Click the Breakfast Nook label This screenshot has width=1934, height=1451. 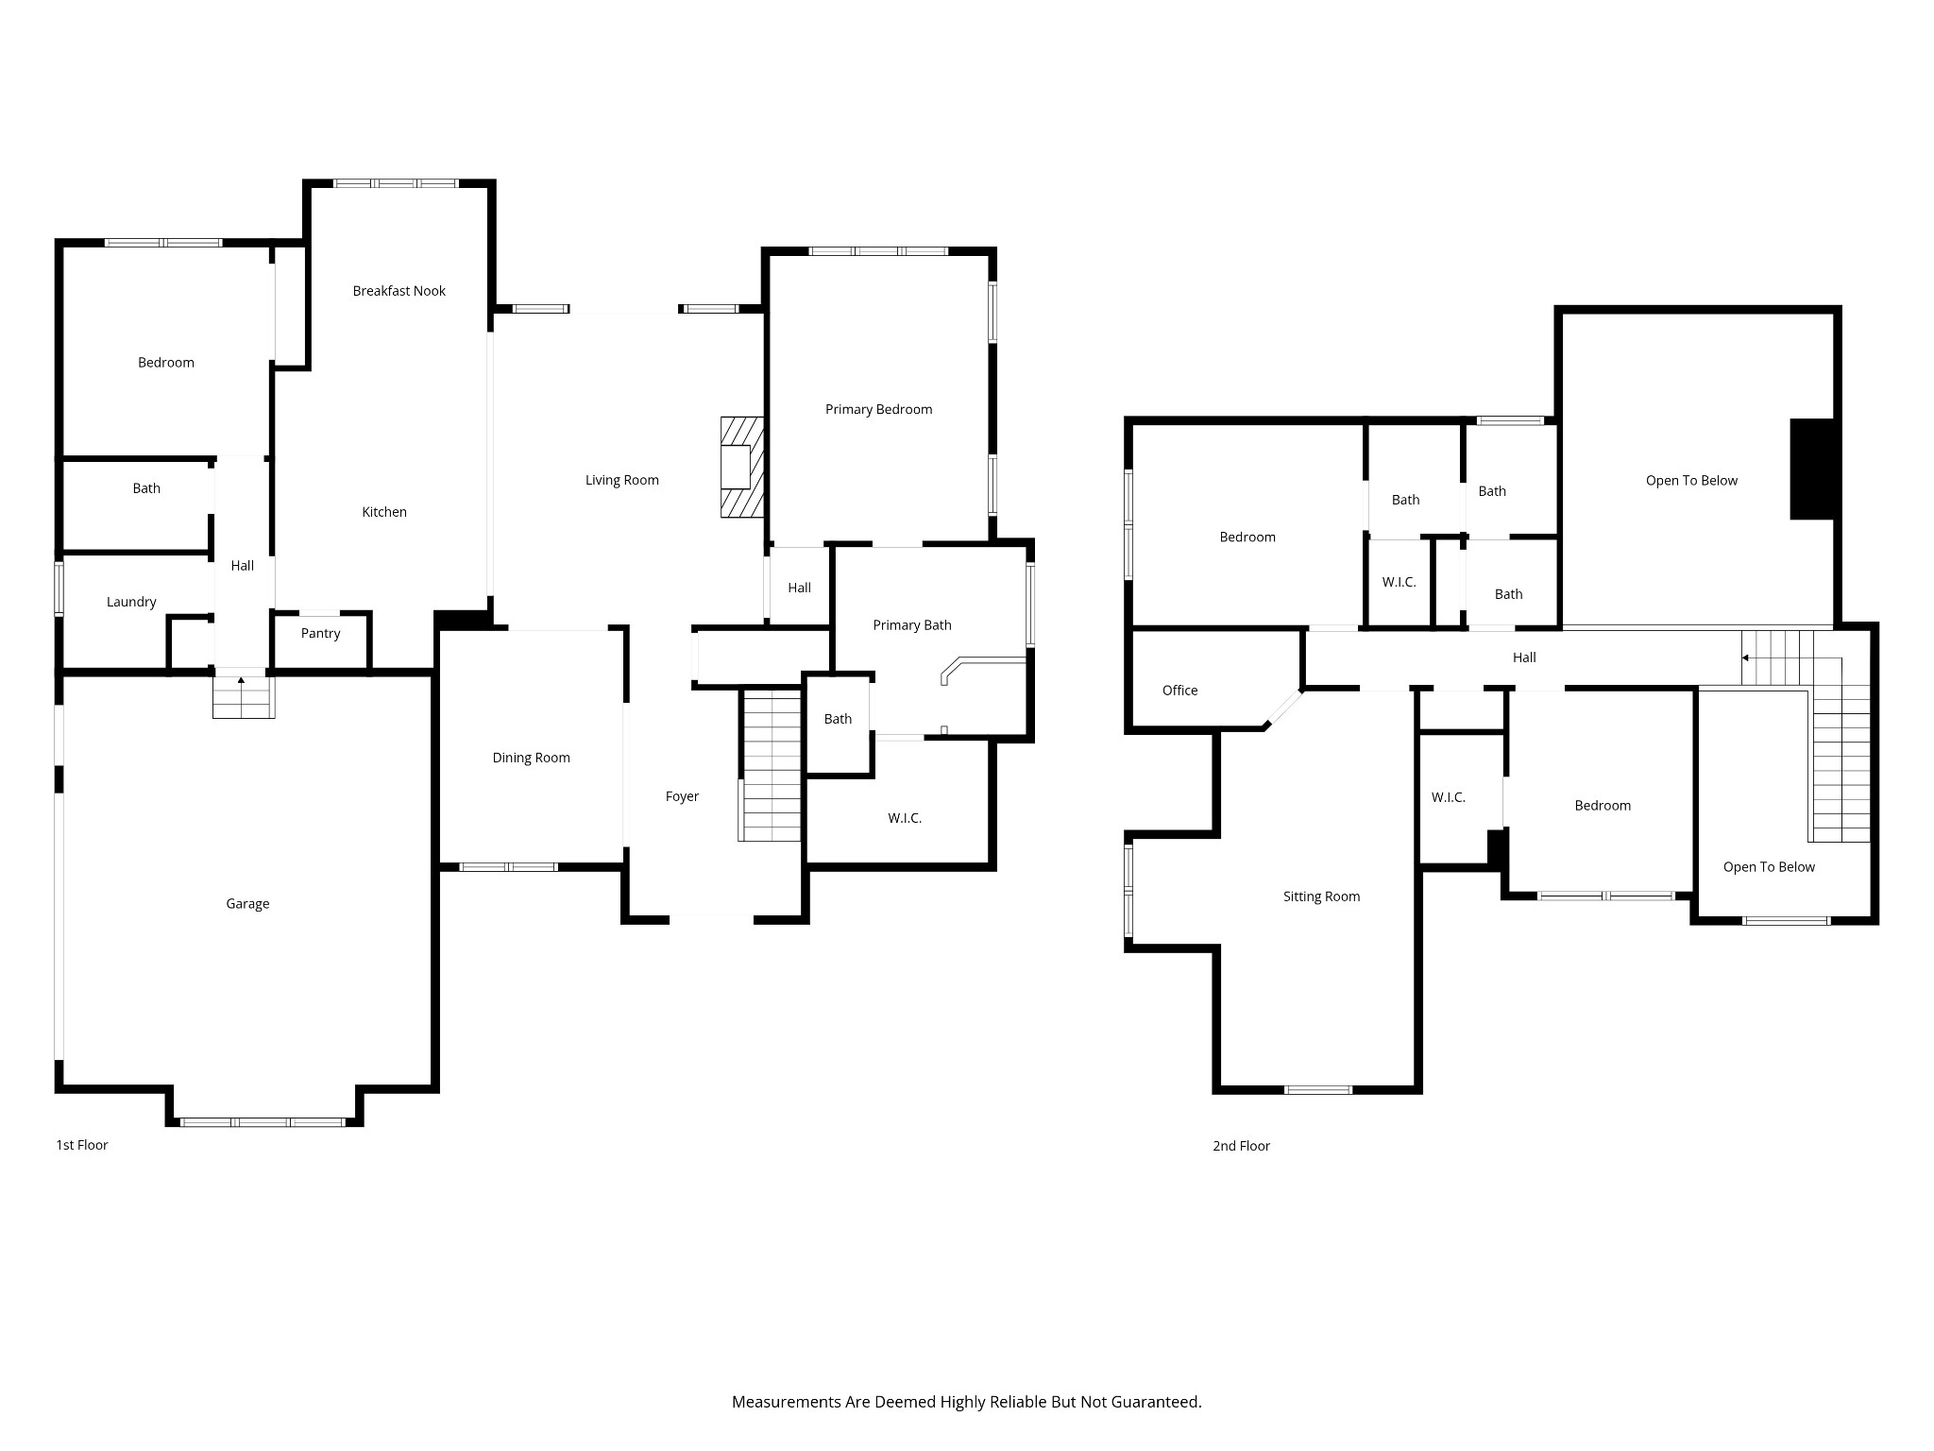click(399, 291)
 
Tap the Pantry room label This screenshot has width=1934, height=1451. click(320, 634)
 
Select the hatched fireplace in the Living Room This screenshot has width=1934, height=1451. click(742, 468)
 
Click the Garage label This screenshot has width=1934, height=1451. click(247, 904)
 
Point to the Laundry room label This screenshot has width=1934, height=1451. click(131, 603)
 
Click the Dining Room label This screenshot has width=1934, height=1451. click(531, 758)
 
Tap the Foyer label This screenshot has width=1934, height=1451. click(682, 797)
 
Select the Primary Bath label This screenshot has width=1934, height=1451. click(911, 625)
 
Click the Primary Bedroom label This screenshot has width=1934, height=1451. click(878, 409)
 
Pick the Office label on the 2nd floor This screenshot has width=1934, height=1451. click(1179, 691)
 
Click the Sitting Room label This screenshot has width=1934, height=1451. click(1321, 896)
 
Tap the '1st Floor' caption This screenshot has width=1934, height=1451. click(82, 1145)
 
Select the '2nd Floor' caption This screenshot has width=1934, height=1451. click(1241, 1146)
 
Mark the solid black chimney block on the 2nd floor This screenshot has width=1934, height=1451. click(1812, 469)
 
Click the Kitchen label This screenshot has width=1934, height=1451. click(384, 512)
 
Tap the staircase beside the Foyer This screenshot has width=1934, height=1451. click(771, 766)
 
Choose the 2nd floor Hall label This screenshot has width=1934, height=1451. click(1524, 657)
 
